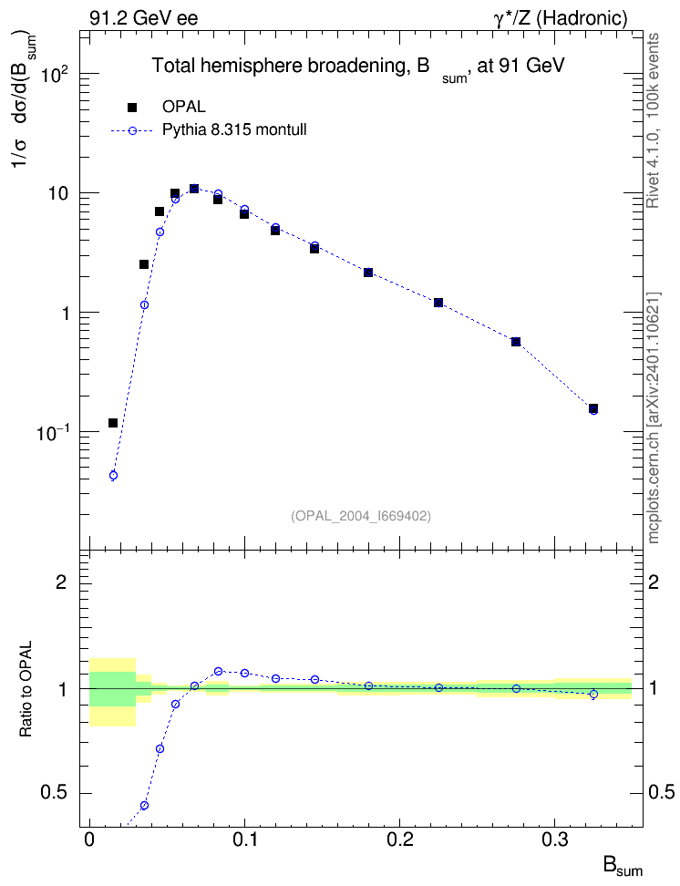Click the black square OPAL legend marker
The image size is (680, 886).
tap(132, 107)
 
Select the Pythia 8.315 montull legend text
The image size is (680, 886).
tap(234, 130)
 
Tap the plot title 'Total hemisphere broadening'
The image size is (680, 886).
tap(277, 66)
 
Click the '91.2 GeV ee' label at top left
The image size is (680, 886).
tap(144, 18)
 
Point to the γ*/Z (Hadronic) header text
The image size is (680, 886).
tap(561, 18)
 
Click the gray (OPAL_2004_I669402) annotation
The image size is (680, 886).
tap(361, 516)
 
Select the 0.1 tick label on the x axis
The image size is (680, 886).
tap(244, 840)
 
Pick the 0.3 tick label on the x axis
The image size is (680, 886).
tap(554, 840)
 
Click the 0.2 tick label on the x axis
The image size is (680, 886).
tap(399, 840)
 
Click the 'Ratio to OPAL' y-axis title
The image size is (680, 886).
tap(26, 689)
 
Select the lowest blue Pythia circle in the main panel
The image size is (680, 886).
tap(113, 475)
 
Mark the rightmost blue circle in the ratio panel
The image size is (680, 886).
tap(593, 694)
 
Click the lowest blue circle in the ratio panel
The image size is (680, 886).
tap(144, 805)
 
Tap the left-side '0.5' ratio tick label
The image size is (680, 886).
tap(54, 793)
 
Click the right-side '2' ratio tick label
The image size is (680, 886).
tap(654, 582)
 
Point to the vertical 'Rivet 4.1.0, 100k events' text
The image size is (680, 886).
tap(653, 120)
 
